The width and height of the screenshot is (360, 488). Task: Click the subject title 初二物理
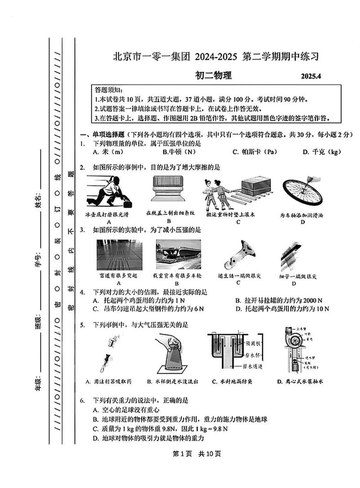point(213,76)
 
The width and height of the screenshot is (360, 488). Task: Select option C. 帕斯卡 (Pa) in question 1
point(254,152)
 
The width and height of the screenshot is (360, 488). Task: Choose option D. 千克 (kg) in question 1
point(322,152)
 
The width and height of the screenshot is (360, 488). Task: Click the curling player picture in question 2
point(109,191)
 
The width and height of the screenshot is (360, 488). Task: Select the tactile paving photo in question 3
point(118,255)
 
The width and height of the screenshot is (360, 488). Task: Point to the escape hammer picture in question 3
point(238,255)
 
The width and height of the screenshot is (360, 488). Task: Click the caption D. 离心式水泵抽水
point(300,382)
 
